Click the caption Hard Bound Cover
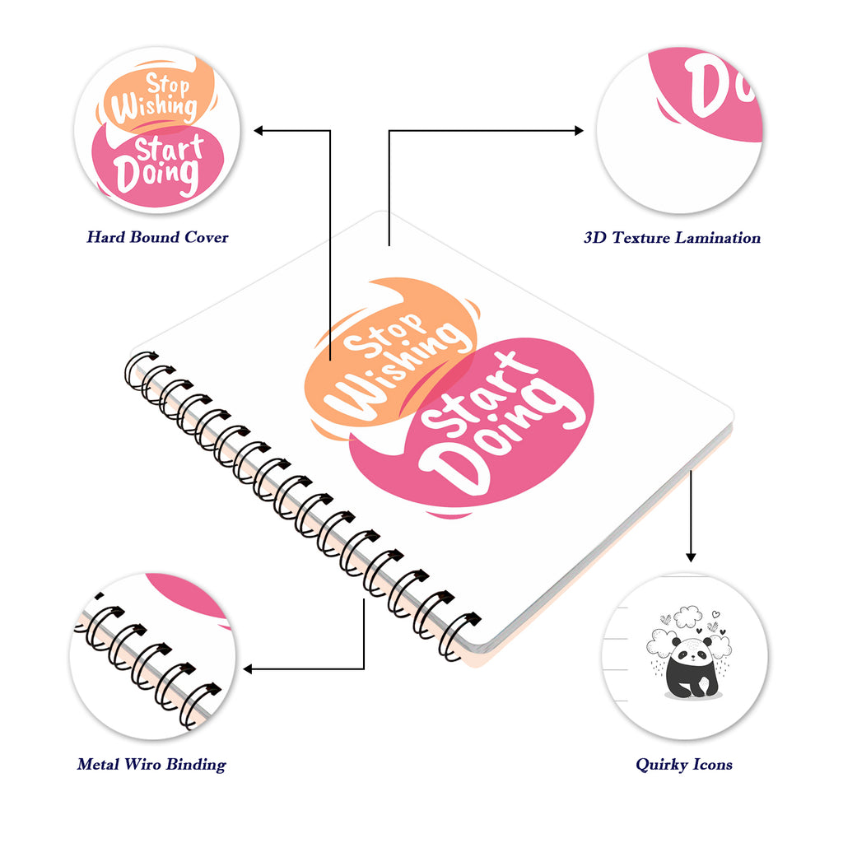pyautogui.click(x=157, y=237)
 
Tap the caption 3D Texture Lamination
pyautogui.click(x=672, y=238)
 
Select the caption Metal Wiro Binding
pyautogui.click(x=151, y=765)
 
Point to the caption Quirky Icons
pyautogui.click(x=684, y=765)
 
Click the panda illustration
pyautogui.click(x=691, y=667)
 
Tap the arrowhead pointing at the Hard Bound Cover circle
pyautogui.click(x=258, y=131)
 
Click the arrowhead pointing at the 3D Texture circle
pyautogui.click(x=579, y=130)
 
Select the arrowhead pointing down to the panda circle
pyautogui.click(x=691, y=557)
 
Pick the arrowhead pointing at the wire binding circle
pyautogui.click(x=248, y=668)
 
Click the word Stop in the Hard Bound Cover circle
pyautogui.click(x=168, y=85)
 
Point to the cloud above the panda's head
pyautogui.click(x=687, y=616)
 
